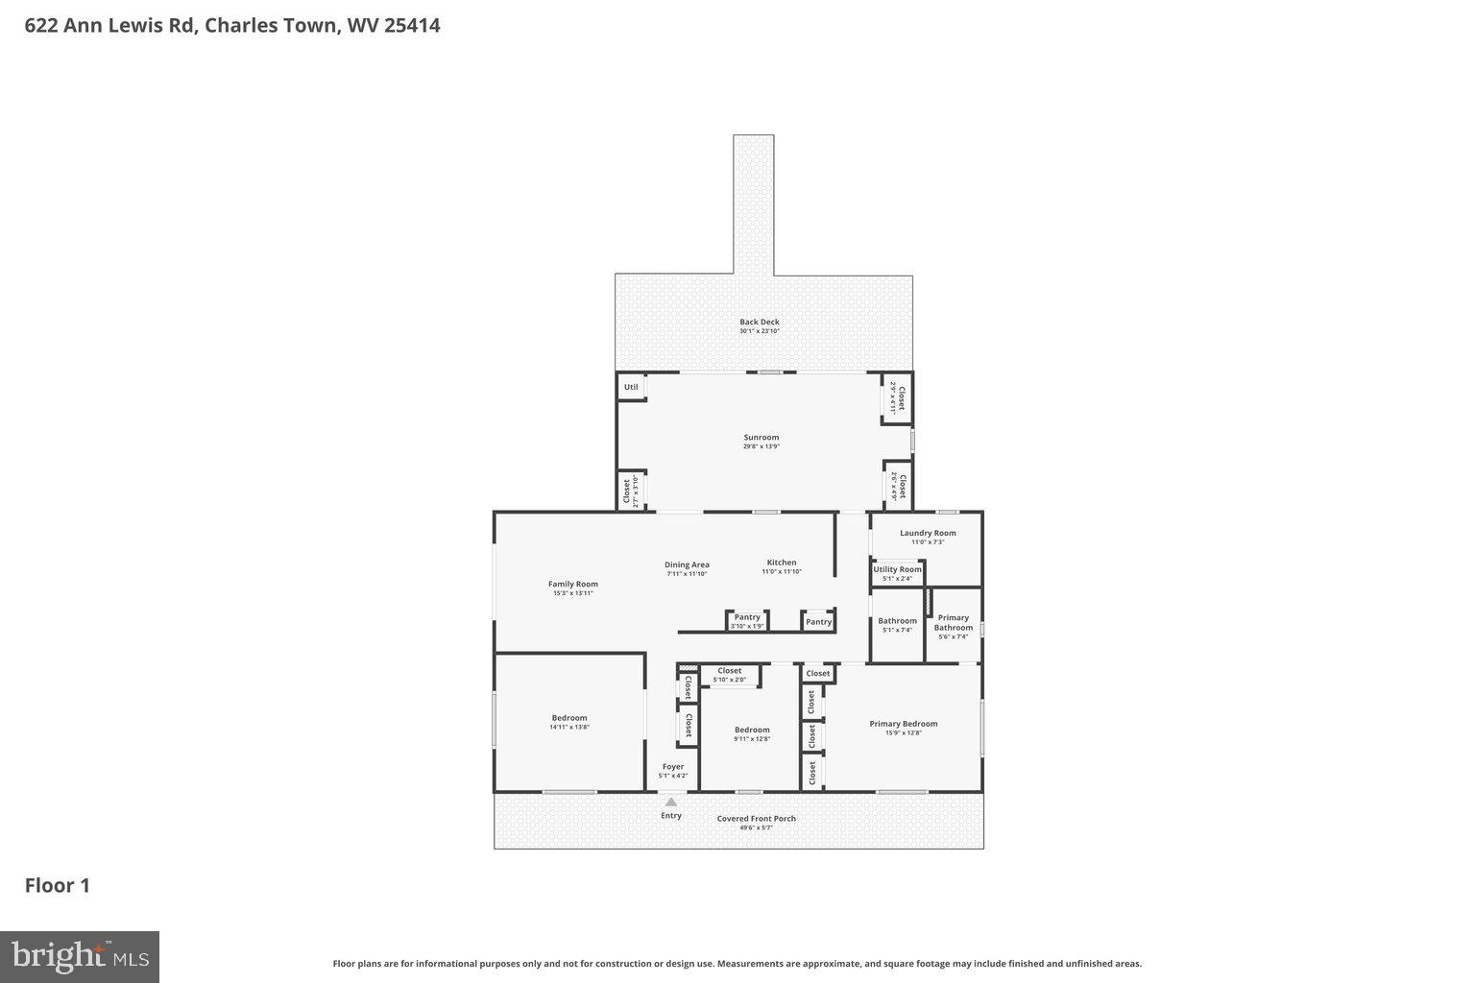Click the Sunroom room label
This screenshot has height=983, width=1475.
click(761, 438)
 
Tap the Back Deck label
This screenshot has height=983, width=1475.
click(759, 323)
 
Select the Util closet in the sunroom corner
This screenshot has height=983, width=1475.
click(631, 387)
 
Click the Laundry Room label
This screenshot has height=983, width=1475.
click(928, 534)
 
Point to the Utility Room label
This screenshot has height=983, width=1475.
click(897, 570)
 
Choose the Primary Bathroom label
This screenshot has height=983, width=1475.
click(953, 623)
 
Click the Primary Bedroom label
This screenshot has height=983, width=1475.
click(904, 724)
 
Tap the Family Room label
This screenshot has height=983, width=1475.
click(572, 584)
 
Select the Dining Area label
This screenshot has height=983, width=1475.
click(687, 564)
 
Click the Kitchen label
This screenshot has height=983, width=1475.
click(781, 563)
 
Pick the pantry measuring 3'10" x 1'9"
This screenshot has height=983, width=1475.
click(747, 620)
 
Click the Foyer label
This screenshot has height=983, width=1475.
click(672, 767)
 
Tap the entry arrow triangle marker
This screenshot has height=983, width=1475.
click(670, 802)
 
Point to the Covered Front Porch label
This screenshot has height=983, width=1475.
click(756, 819)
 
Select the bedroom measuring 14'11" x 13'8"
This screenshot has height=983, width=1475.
click(568, 718)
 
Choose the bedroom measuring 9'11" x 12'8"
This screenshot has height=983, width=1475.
click(752, 730)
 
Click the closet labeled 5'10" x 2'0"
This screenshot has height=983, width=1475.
click(730, 674)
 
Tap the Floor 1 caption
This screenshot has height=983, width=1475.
click(58, 885)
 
